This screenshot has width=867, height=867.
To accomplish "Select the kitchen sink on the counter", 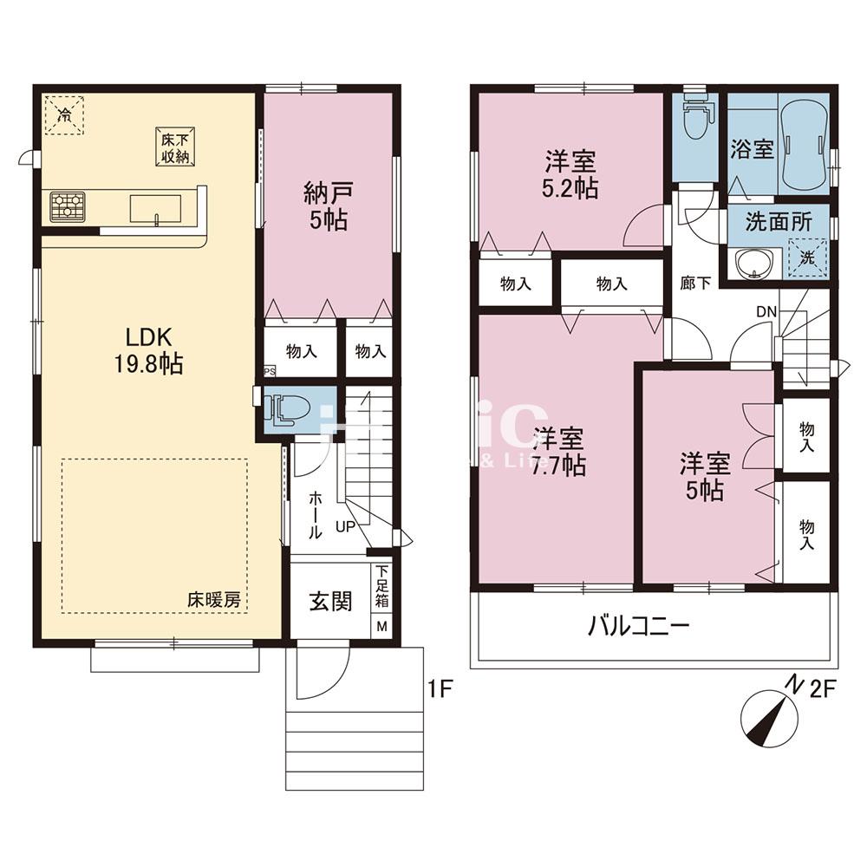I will [156, 209].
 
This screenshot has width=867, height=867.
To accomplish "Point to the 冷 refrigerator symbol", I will [65, 114].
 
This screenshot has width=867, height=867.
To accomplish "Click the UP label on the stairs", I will [344, 525].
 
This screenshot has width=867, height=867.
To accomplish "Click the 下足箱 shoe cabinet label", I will [381, 585].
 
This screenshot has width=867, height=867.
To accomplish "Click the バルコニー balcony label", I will [640, 625].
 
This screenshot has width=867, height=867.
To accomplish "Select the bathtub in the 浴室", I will [805, 141].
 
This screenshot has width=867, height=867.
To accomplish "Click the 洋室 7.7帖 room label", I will [559, 451].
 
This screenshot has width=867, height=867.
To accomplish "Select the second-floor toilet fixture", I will [696, 121].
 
